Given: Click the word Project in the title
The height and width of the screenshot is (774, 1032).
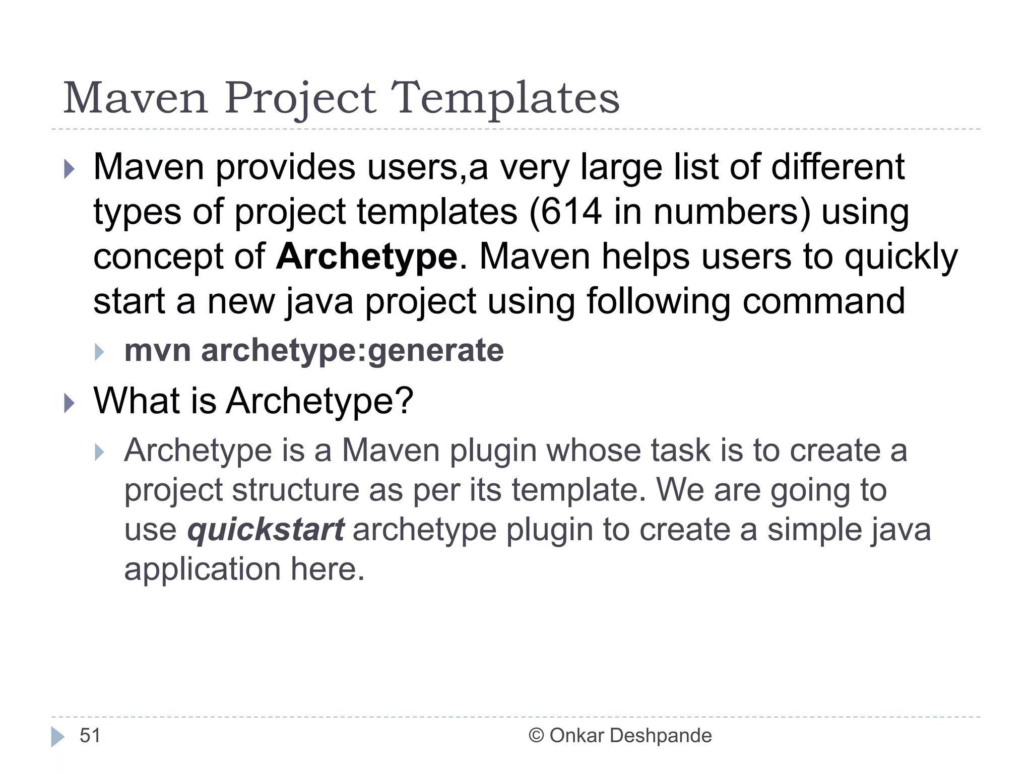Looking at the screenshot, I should coord(300,98).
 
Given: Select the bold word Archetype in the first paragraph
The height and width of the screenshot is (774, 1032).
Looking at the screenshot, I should coord(367,257).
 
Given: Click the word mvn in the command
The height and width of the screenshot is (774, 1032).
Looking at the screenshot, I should coord(157,350).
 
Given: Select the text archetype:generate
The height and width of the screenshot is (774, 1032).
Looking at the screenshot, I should coord(352,350).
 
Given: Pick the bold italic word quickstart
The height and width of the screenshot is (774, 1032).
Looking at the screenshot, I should coord(266,530).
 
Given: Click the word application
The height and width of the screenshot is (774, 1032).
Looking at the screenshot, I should coord(202,569).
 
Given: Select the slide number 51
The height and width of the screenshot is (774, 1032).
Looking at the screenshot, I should coord(90,736).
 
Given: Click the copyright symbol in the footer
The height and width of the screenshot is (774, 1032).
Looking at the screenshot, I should coord(536,736).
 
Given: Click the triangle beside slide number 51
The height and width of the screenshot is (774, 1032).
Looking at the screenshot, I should coord(58,737).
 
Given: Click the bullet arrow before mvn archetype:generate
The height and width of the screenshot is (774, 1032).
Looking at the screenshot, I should coord(99,352).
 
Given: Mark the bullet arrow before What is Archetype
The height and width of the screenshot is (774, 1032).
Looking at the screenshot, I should coord(70,403).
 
